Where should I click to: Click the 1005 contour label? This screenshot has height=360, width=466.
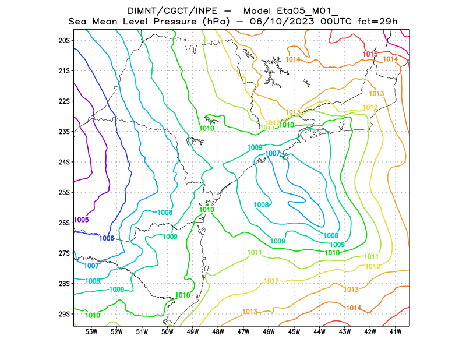pyautogui.click(x=82, y=220)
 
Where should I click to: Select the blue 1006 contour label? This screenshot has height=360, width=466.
pyautogui.click(x=107, y=238)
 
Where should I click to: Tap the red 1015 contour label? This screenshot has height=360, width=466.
pyautogui.click(x=370, y=54)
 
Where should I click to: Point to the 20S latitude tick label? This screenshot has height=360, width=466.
pyautogui.click(x=64, y=40)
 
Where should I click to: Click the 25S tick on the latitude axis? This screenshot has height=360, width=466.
pyautogui.click(x=64, y=192)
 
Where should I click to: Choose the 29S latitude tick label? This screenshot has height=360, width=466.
pyautogui.click(x=64, y=314)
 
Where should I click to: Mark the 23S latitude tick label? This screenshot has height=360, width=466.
pyautogui.click(x=64, y=132)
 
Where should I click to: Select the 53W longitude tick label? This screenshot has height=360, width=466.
pyautogui.click(x=91, y=332)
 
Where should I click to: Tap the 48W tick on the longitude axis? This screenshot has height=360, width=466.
pyautogui.click(x=218, y=332)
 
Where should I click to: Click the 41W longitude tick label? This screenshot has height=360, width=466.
pyautogui.click(x=396, y=332)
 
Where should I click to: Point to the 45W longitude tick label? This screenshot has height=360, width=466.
pyautogui.click(x=294, y=332)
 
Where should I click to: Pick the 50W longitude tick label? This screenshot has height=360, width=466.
pyautogui.click(x=167, y=332)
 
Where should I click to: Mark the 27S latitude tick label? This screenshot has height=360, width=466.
pyautogui.click(x=64, y=253)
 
